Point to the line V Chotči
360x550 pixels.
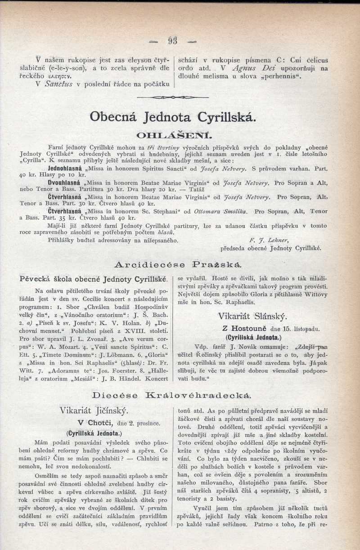97,423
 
